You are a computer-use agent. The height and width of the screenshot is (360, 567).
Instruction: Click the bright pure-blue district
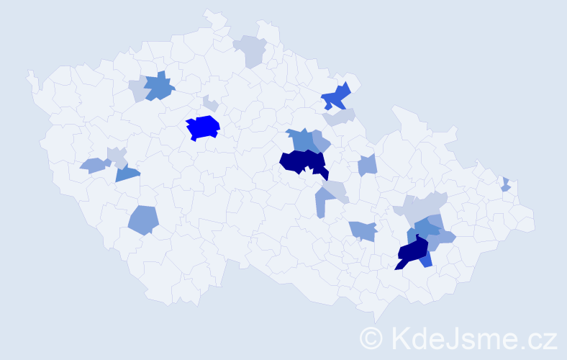(203, 127)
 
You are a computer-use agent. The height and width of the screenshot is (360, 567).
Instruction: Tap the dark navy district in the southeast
(412, 252)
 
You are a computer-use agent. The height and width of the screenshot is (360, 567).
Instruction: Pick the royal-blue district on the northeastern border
(335, 96)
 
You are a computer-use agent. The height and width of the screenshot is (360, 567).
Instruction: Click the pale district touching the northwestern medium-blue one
(138, 90)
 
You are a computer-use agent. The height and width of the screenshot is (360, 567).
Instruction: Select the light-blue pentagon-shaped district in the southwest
(143, 220)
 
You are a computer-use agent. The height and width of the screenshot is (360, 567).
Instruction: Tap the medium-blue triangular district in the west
(127, 173)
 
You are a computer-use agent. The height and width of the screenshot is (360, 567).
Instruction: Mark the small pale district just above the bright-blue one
(210, 104)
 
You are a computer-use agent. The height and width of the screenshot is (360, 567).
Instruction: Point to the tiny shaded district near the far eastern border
(506, 185)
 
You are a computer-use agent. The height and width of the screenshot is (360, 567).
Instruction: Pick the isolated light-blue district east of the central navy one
(368, 166)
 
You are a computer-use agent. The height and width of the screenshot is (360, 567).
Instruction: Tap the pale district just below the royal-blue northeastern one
(340, 117)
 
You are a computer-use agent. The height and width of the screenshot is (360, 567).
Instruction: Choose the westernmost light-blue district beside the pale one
(93, 166)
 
